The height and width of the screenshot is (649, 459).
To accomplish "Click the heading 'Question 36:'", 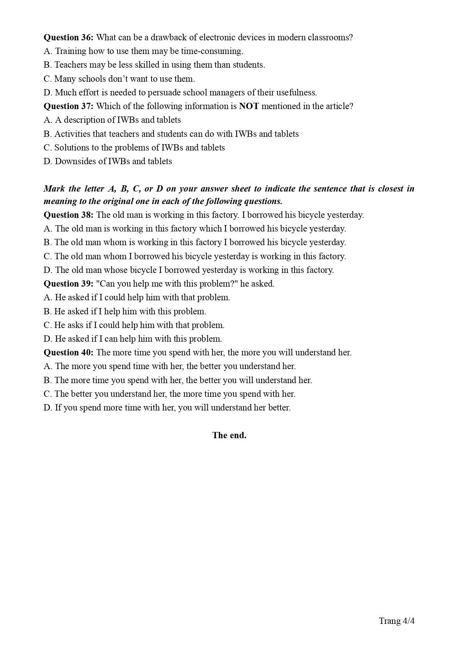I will [x=68, y=37].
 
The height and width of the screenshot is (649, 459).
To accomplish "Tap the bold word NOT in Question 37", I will [x=249, y=106].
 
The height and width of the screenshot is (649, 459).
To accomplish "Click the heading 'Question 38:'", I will [x=68, y=215].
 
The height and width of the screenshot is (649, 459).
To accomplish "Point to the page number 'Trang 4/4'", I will [x=397, y=621].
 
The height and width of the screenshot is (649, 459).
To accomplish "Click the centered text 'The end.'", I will [x=229, y=435].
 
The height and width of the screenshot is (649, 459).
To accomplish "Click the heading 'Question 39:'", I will [x=68, y=284].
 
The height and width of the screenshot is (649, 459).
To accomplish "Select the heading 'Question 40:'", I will [x=68, y=352].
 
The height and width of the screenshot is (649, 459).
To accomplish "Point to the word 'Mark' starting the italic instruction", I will [x=54, y=189].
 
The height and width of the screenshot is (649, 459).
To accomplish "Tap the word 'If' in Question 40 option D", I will [x=58, y=408].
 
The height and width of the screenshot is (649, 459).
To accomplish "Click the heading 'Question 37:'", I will [x=68, y=106].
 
